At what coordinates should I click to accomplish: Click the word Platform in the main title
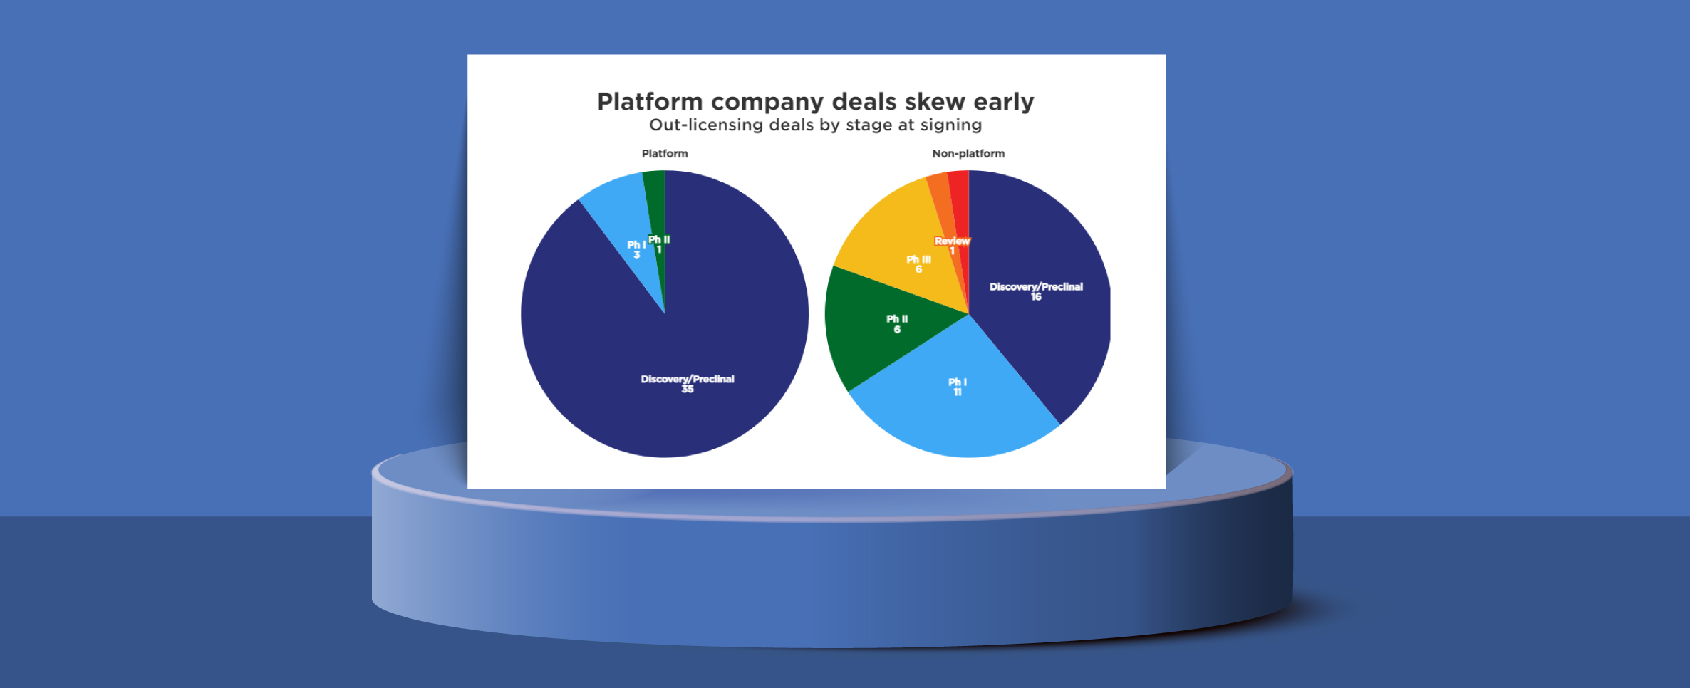click(650, 102)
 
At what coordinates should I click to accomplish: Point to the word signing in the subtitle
click(951, 125)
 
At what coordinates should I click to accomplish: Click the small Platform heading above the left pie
click(665, 153)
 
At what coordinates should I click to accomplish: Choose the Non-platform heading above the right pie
click(968, 153)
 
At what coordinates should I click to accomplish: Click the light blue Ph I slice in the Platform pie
click(623, 214)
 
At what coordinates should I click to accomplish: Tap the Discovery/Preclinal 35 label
click(688, 384)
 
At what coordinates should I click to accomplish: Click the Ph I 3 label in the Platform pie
click(636, 249)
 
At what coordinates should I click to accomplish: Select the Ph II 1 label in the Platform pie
click(659, 244)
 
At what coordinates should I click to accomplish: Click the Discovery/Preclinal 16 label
click(1036, 291)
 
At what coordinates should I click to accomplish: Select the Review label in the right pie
click(952, 241)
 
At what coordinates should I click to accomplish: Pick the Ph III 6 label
click(918, 264)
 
